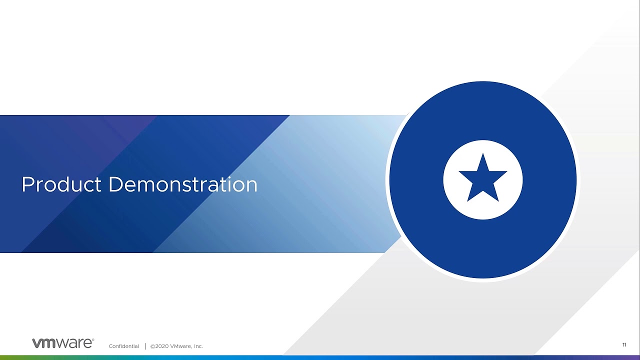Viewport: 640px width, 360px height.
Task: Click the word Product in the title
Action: point(61,184)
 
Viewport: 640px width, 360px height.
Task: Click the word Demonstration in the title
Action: point(183,184)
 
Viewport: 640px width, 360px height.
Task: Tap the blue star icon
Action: point(483,177)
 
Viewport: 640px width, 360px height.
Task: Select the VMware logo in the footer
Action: point(63,343)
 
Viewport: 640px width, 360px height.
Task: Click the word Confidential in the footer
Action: point(123,346)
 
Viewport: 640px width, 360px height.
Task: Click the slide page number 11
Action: point(624,345)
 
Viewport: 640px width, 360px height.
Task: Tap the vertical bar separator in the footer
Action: point(145,346)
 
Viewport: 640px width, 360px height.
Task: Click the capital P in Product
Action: point(27,184)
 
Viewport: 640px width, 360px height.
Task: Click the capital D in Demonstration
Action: point(115,184)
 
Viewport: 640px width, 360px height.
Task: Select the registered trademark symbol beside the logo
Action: point(93,339)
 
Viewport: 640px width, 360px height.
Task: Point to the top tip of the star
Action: point(483,153)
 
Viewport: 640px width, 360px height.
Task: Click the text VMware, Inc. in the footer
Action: point(186,346)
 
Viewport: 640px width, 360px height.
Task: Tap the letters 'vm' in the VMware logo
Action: point(43,343)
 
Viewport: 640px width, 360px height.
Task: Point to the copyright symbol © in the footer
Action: point(152,346)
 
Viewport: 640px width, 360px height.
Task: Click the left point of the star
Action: point(459,171)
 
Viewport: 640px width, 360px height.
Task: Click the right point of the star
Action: point(506,171)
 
